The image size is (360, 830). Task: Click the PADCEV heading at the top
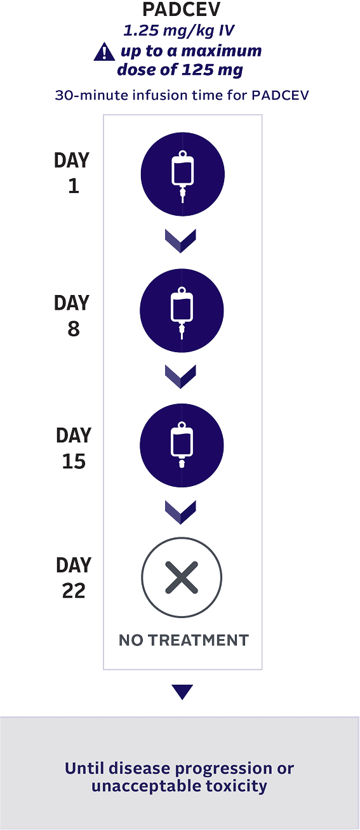point(182,10)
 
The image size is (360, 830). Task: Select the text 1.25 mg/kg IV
point(182,29)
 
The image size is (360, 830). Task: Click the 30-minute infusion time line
point(182,96)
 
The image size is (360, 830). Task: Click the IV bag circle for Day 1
point(182,175)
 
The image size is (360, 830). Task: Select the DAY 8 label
point(72,315)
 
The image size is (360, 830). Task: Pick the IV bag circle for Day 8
point(182,310)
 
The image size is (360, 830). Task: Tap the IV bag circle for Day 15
point(182,445)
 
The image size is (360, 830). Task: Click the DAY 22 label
point(74,577)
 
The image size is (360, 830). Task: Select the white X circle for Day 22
point(182,577)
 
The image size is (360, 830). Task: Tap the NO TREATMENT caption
point(183,640)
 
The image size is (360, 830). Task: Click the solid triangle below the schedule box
point(182,692)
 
